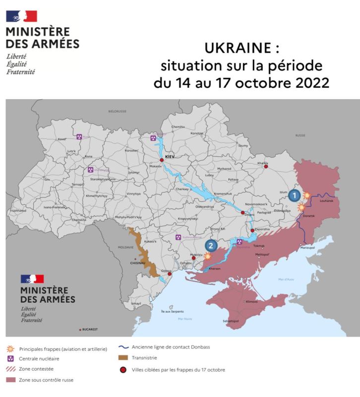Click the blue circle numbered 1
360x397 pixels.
(x=294, y=195)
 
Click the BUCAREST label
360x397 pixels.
(x=90, y=330)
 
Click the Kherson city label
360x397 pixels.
(x=215, y=268)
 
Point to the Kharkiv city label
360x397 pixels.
(x=263, y=163)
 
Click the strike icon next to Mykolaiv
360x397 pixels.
(x=207, y=257)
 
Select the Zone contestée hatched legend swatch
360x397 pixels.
(x=10, y=369)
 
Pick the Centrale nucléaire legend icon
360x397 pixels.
(x=10, y=358)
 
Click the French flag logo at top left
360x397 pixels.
(x=21, y=16)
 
